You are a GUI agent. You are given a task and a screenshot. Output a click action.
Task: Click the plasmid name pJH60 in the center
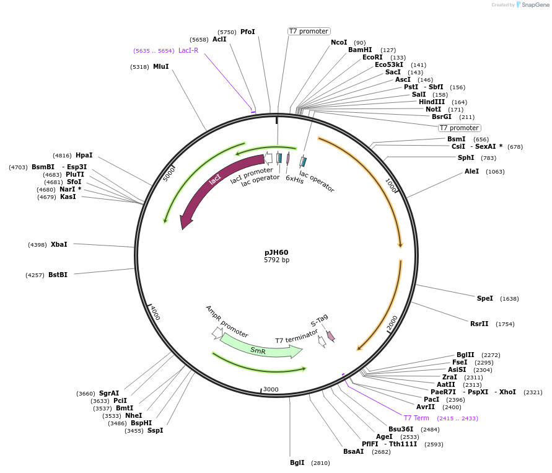point(276,252)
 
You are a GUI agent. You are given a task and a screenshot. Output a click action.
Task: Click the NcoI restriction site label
point(339,42)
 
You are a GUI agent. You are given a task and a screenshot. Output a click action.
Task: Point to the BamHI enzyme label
point(359,50)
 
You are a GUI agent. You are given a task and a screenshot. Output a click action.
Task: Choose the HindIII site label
point(432,102)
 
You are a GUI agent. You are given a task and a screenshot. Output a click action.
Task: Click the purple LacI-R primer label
point(188,50)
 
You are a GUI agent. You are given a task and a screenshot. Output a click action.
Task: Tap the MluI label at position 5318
point(160,66)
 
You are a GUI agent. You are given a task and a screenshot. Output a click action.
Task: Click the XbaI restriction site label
point(59,244)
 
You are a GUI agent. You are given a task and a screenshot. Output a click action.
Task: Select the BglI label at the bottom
point(297,462)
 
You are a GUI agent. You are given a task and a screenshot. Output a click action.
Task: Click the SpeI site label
point(485,298)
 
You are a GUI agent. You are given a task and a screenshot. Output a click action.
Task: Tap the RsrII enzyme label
point(480,324)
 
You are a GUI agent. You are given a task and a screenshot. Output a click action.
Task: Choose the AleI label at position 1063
point(471,171)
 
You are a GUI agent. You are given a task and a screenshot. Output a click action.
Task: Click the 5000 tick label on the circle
point(170,173)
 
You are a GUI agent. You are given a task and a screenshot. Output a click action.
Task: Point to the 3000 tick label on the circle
point(271,389)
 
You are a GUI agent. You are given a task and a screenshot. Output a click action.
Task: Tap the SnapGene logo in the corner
point(532,5)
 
